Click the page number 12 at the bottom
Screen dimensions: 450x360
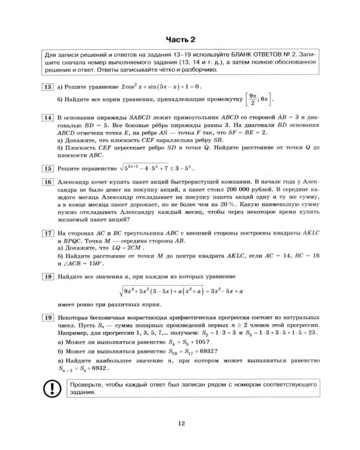point(181,425)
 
